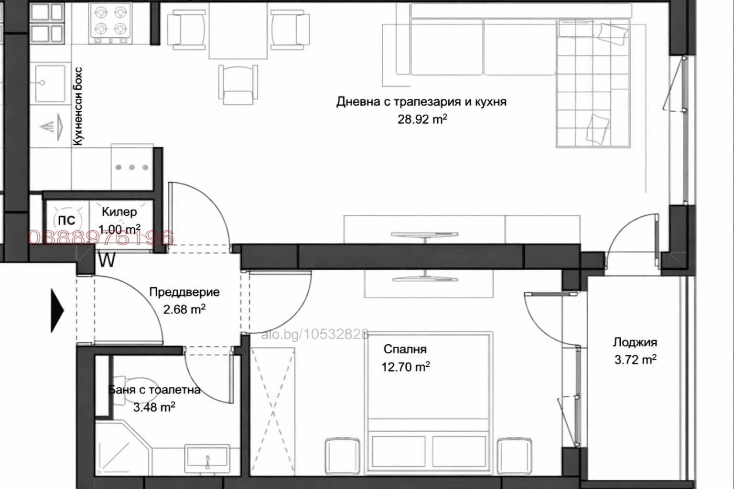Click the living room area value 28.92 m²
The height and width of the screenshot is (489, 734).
422,119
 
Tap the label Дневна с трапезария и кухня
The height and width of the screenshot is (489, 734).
421,101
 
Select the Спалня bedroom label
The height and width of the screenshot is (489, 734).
405,349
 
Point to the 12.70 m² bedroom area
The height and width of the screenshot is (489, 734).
405,367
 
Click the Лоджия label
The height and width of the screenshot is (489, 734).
635,342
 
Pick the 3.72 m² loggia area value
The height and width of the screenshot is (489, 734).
635,359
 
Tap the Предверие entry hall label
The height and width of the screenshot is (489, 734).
184,292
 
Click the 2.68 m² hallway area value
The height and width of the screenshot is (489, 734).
184,309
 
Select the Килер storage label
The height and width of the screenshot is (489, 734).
119,212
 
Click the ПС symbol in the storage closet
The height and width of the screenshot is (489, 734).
66,220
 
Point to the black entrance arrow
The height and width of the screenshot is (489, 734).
57,311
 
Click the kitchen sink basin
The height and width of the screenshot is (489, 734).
50,84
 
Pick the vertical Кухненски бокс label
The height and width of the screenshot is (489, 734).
78,106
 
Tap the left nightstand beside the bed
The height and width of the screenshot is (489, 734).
342,457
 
